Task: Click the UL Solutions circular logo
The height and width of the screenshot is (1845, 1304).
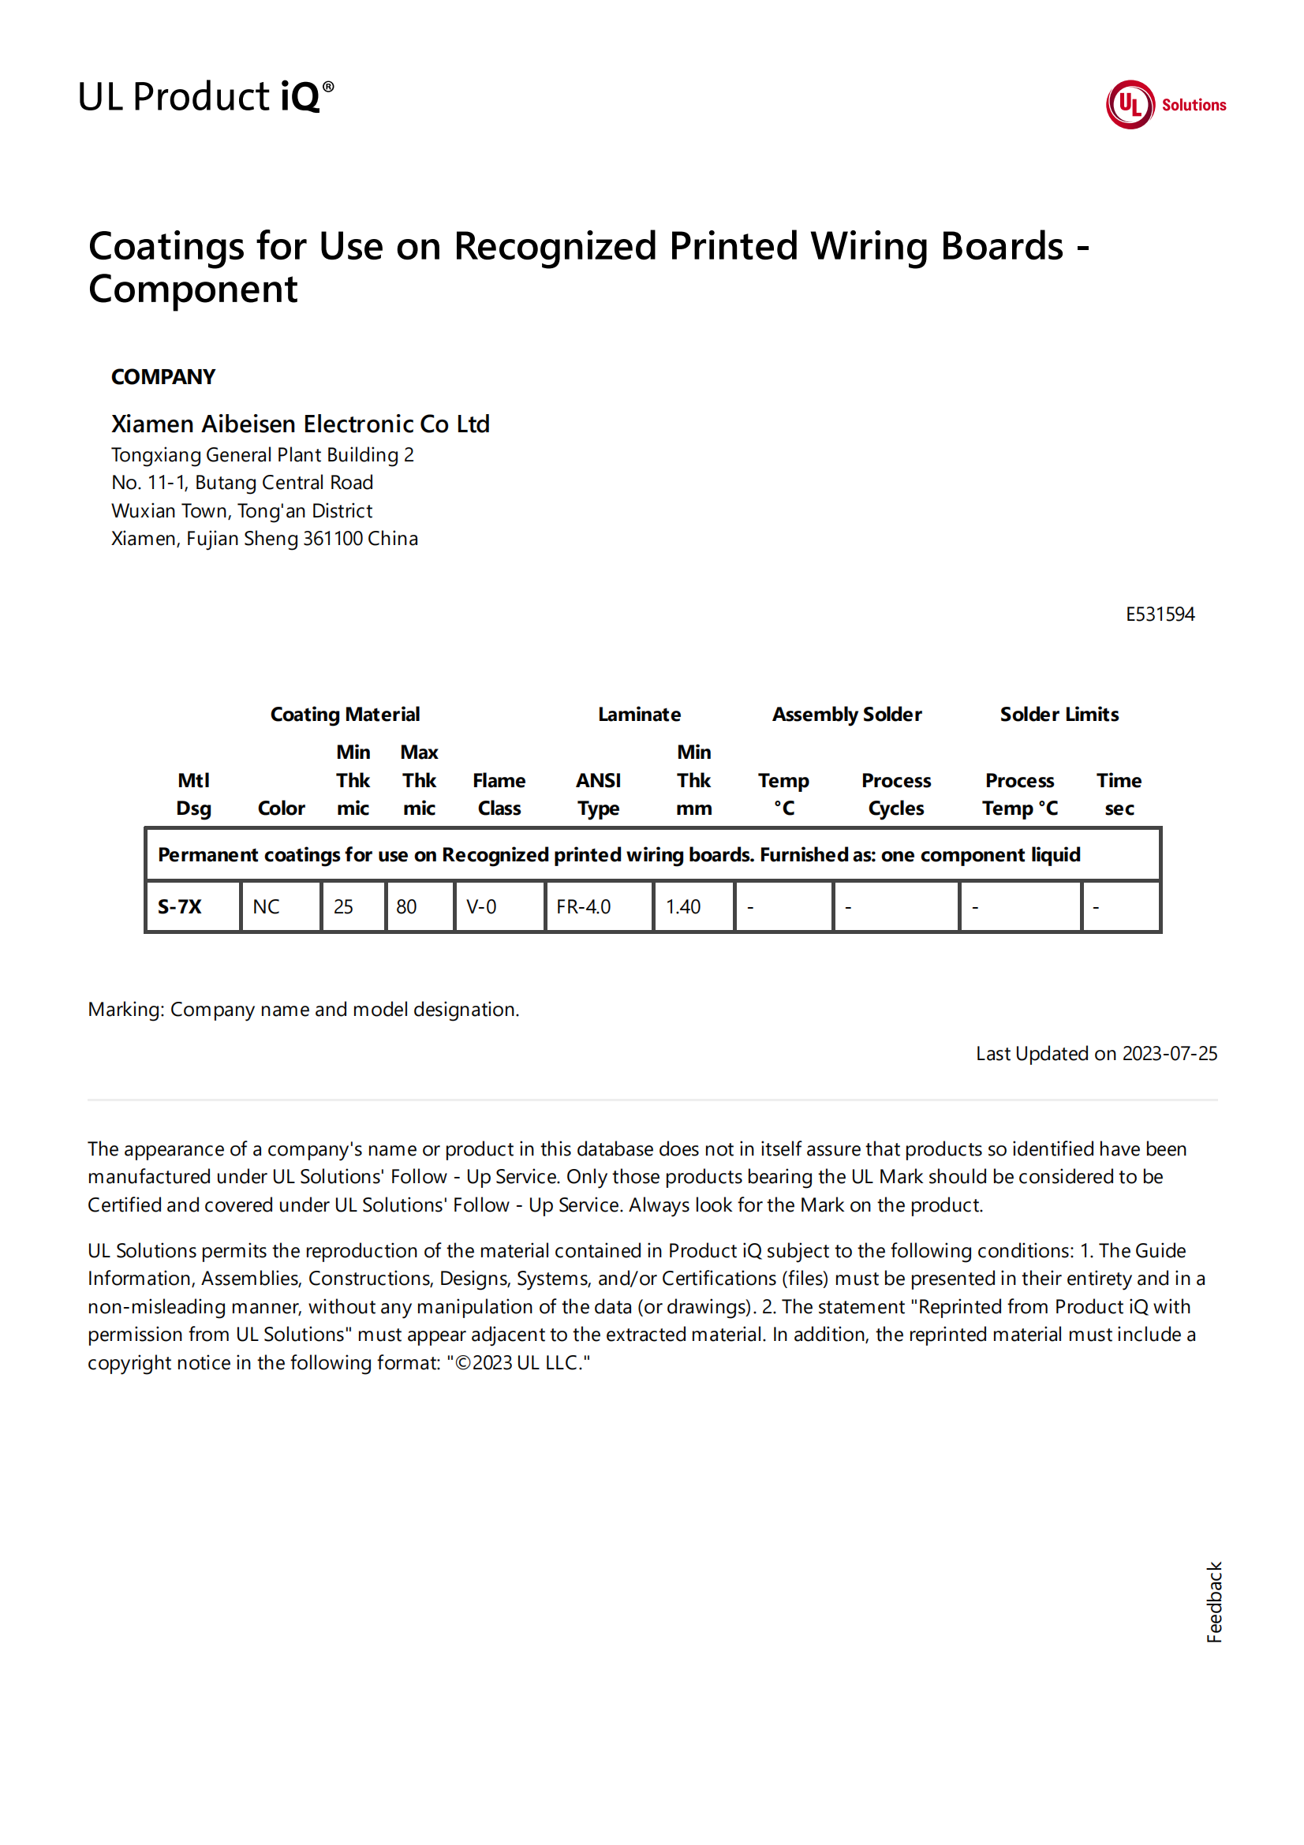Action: click(1129, 104)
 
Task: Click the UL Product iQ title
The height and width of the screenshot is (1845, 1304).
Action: click(206, 96)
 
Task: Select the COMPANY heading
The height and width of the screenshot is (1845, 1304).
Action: click(163, 377)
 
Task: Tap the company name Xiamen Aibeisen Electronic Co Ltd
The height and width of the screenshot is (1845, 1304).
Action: click(300, 424)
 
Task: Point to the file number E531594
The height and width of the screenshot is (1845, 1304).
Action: click(1160, 614)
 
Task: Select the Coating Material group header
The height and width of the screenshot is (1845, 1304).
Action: click(345, 715)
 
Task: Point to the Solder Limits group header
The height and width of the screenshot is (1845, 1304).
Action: click(1059, 715)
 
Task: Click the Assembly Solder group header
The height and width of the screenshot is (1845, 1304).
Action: click(846, 715)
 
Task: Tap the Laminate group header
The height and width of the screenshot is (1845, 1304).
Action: click(639, 715)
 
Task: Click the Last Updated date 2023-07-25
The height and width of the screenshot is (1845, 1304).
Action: click(1169, 1054)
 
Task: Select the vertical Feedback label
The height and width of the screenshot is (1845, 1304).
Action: click(1213, 1601)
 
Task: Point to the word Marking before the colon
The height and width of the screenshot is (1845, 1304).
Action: click(125, 1010)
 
